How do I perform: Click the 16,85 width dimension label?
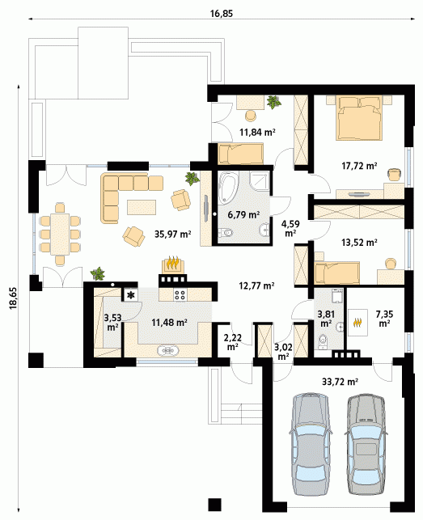(x=222, y=14)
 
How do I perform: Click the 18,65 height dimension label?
(x=14, y=298)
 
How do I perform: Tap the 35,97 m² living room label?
(x=172, y=235)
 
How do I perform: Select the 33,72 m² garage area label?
(x=340, y=382)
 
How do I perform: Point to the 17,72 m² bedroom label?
(x=359, y=165)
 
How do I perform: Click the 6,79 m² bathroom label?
(x=243, y=214)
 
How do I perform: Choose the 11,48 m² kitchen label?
(x=170, y=322)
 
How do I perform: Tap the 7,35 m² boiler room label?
(x=384, y=318)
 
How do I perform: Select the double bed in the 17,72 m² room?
(x=359, y=118)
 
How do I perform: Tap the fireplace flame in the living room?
(x=173, y=263)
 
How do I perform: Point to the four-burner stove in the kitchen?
(x=180, y=295)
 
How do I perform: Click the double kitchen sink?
(x=169, y=350)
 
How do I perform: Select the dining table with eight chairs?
(x=60, y=234)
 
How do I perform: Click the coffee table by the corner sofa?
(x=142, y=207)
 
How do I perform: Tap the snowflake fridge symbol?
(x=131, y=295)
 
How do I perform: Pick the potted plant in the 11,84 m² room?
(x=274, y=102)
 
